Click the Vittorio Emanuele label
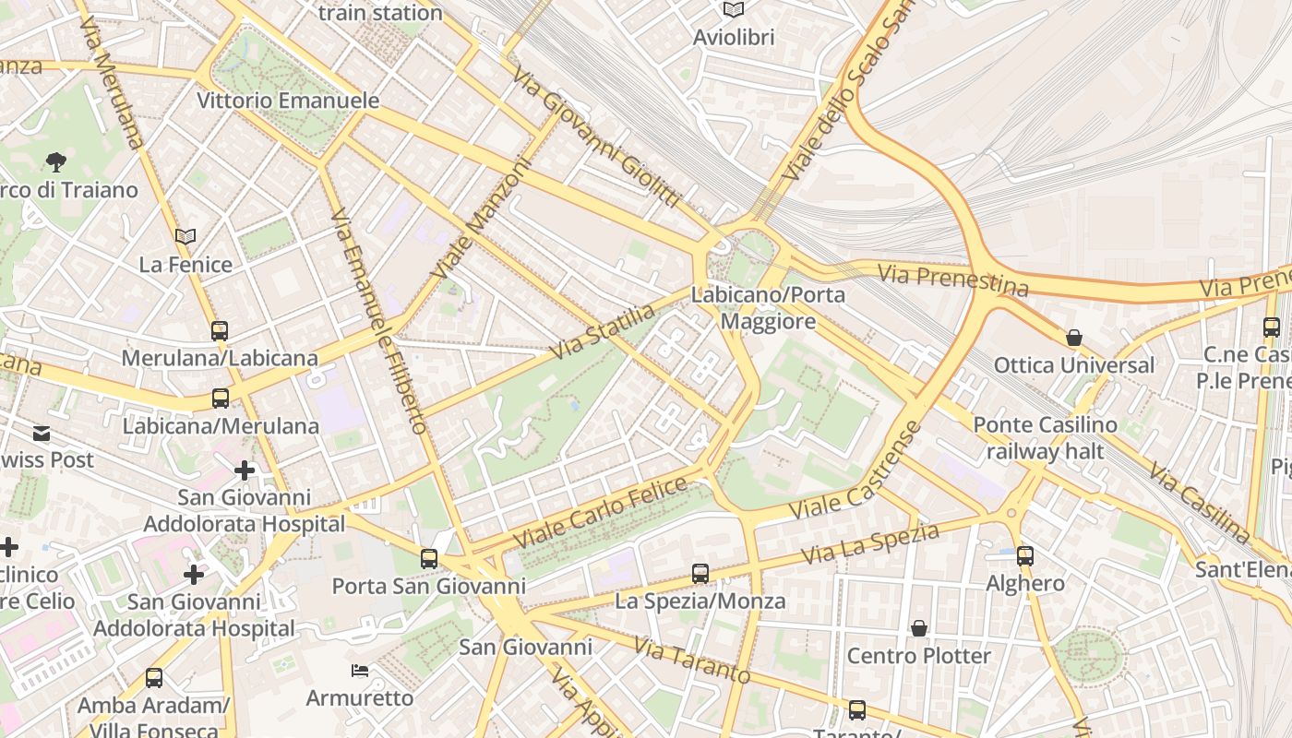click(288, 101)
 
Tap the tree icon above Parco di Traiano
click(56, 162)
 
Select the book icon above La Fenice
click(185, 236)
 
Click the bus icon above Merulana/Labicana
click(220, 330)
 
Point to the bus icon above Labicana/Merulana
click(221, 399)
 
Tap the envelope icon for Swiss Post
click(42, 433)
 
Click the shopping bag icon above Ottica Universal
click(1073, 338)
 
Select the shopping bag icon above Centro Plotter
click(918, 628)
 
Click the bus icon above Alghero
click(1025, 555)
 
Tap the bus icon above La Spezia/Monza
click(700, 574)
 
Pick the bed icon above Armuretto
click(360, 670)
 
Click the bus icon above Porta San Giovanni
click(429, 558)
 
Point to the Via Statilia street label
click(603, 331)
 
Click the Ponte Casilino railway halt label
click(1045, 438)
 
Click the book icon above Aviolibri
click(734, 10)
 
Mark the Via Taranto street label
click(693, 661)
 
